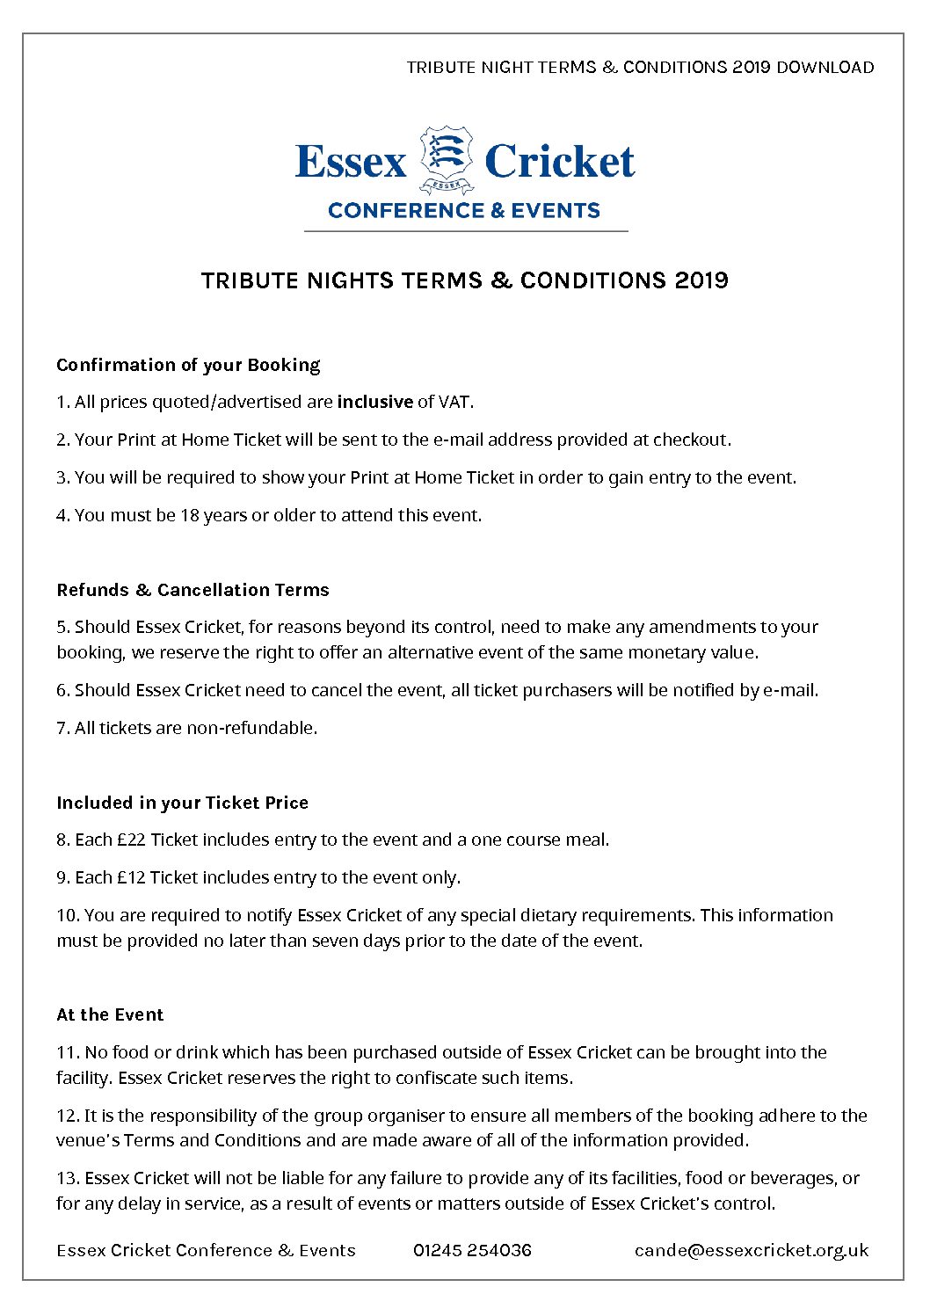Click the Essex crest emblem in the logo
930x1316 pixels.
[x=447, y=159]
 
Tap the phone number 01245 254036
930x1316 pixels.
[x=472, y=1250]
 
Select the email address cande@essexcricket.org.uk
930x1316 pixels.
[x=751, y=1250]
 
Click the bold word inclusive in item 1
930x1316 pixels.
[x=375, y=402]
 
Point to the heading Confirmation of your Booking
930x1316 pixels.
[x=188, y=365]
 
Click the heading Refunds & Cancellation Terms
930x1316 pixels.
[x=193, y=590]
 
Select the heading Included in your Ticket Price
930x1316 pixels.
[x=182, y=803]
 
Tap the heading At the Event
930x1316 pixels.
[x=110, y=1014]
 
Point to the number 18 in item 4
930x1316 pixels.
[x=190, y=515]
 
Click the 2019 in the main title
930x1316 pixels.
[x=701, y=280]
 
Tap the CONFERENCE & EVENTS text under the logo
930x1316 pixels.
[x=464, y=211]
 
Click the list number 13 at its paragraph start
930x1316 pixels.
[x=68, y=1178]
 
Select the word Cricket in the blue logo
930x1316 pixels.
[x=559, y=162]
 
